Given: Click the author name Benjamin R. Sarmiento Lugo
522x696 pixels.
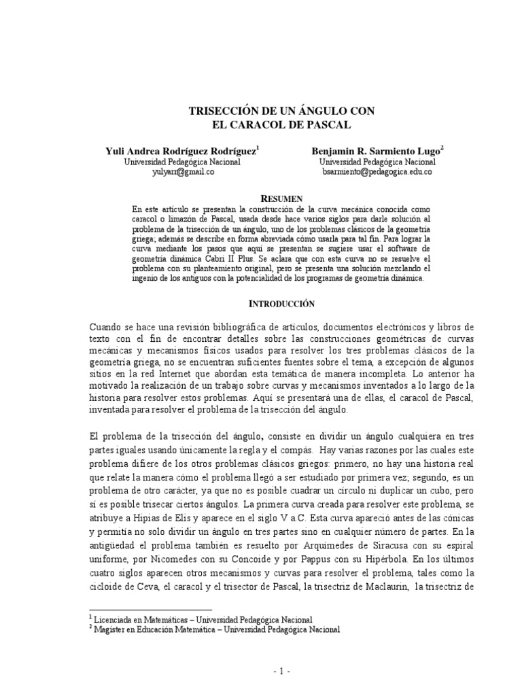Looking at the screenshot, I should tap(378, 152).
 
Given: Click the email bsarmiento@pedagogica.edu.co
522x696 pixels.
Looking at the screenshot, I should tap(377, 173).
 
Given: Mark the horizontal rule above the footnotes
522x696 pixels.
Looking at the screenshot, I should tap(151, 610).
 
